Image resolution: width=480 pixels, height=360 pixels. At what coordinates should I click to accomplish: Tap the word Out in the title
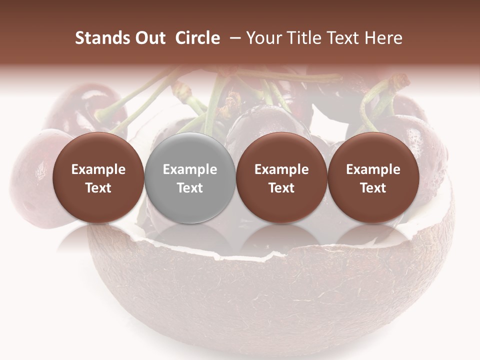point(148,38)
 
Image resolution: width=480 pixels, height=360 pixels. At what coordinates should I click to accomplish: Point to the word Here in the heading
point(384,38)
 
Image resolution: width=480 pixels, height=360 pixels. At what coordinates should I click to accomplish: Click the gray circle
point(190,177)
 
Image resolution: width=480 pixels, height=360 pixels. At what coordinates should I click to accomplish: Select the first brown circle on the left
point(98,177)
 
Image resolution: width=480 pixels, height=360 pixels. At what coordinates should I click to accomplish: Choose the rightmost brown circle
point(373,177)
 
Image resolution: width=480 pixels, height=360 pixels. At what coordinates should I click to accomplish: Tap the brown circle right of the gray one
point(281,177)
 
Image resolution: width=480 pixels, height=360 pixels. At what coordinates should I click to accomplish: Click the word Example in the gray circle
point(190,169)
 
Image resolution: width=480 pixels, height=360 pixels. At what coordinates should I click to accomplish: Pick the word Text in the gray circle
point(190,188)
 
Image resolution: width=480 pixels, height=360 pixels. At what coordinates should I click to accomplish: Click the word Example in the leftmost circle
point(98,169)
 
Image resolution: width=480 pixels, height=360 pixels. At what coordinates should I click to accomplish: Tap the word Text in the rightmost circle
point(373,188)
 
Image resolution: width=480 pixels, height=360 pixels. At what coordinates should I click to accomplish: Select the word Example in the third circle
point(281,169)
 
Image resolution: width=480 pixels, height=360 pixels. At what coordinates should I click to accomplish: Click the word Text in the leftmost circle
point(98,188)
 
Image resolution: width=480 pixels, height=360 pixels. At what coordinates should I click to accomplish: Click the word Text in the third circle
point(281,188)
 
